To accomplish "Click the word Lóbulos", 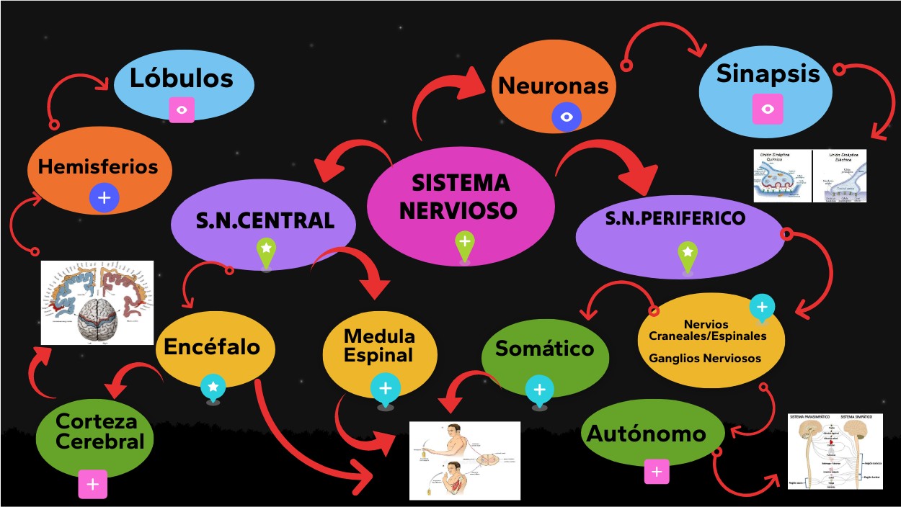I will coord(182,78).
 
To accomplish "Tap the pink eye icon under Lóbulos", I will coord(182,110).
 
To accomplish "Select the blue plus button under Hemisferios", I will coord(104,197).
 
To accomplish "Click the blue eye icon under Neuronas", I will coord(567,117).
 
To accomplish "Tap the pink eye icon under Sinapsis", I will coord(767,109).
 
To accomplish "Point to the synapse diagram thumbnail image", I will coord(809,176).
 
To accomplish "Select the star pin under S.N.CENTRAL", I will coord(266,250).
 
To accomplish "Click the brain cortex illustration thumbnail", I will coord(97,302).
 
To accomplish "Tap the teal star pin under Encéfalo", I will coord(213,388).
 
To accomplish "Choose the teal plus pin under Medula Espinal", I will coord(386,389).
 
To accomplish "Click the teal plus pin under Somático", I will coord(539,390).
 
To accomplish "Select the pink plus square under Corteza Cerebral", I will coord(93,485).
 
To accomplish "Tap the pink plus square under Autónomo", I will coord(656,472).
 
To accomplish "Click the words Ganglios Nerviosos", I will coord(705,358).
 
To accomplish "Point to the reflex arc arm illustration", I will coord(465,460).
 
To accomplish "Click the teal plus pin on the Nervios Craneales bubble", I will coord(761,307).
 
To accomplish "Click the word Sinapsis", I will coord(768,73).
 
